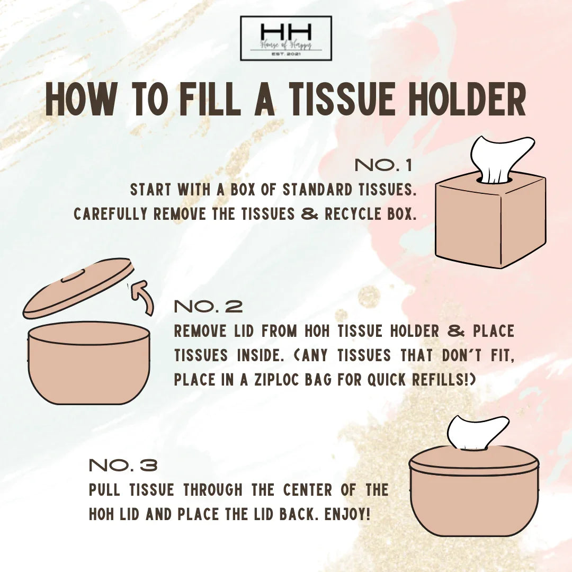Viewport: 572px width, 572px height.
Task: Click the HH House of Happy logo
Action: pyautogui.click(x=286, y=38)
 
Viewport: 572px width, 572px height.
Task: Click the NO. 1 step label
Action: pyautogui.click(x=383, y=165)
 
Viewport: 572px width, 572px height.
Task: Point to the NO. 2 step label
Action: pyautogui.click(x=208, y=307)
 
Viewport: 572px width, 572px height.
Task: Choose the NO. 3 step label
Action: pyautogui.click(x=123, y=466)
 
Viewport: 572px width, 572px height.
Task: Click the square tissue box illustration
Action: pyautogui.click(x=490, y=220)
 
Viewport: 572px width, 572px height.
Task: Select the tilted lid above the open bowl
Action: pyautogui.click(x=78, y=290)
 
